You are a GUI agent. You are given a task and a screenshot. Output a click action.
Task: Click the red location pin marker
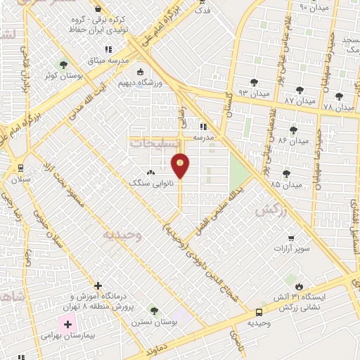[x=181, y=166]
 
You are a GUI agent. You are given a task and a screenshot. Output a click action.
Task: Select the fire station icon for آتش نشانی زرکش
[x=300, y=287]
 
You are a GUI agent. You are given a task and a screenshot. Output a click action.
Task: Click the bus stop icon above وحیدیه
[x=259, y=311]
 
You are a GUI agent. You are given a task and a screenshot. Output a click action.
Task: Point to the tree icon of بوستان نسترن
[x=154, y=311]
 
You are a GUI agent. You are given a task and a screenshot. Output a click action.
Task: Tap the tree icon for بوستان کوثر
[x=65, y=65]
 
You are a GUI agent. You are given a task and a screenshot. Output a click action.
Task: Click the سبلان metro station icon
[x=19, y=168]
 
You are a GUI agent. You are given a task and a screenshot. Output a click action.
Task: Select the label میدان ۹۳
[x=253, y=93]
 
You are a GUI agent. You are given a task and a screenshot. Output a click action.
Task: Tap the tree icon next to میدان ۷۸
[x=340, y=96]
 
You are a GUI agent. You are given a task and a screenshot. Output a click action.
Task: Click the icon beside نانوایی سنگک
[x=150, y=173]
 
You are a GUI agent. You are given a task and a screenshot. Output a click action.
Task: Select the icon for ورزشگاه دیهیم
[x=140, y=71]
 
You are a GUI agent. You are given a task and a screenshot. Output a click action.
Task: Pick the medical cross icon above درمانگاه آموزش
[x=97, y=285]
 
